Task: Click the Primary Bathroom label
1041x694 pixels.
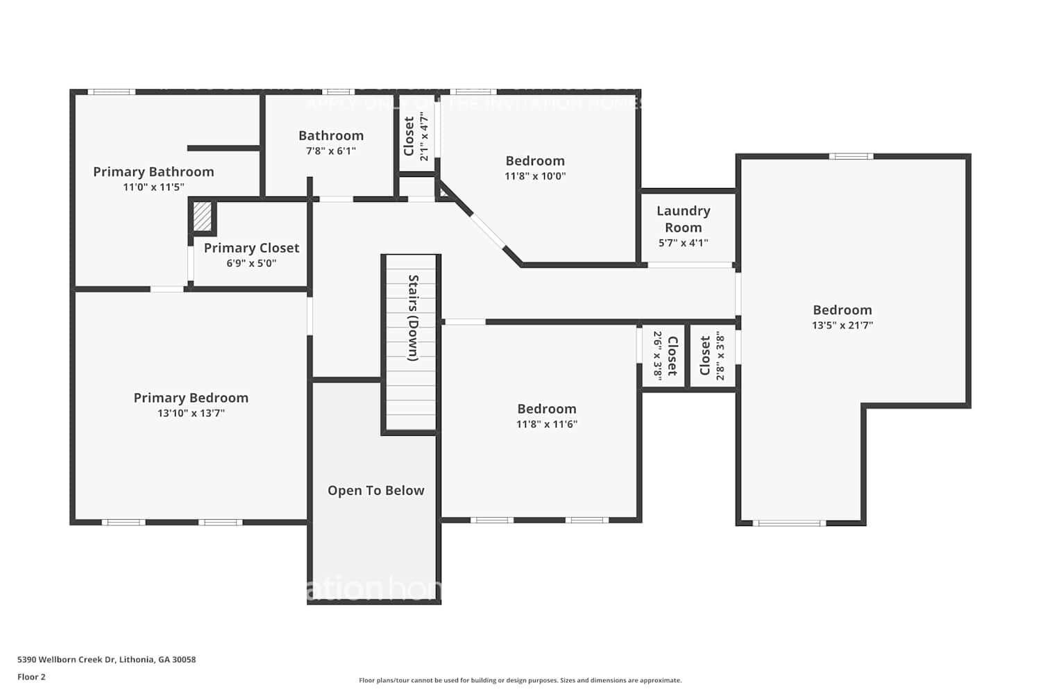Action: coord(153,171)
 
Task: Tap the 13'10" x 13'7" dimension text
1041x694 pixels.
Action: coord(191,414)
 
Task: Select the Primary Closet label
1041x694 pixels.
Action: coord(251,248)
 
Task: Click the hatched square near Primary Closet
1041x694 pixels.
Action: coord(202,217)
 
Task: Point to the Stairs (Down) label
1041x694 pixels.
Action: coord(413,318)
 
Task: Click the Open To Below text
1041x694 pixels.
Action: coord(375,491)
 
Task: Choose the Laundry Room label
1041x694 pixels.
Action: coord(683,219)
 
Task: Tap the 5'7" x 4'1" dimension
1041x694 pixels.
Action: coord(683,243)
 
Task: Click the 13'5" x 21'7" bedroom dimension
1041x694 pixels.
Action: coord(843,325)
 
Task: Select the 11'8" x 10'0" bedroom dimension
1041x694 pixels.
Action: coord(535,176)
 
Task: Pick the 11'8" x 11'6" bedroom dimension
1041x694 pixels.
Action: coord(546,424)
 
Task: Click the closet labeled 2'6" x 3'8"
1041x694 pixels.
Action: coord(664,355)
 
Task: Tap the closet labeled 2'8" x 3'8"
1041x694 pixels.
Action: coord(712,355)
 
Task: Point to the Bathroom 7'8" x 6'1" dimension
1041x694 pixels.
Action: coord(331,151)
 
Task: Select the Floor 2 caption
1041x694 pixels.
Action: coord(31,677)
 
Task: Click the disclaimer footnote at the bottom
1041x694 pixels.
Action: coord(520,680)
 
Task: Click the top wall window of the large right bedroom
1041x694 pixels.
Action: coord(851,156)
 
